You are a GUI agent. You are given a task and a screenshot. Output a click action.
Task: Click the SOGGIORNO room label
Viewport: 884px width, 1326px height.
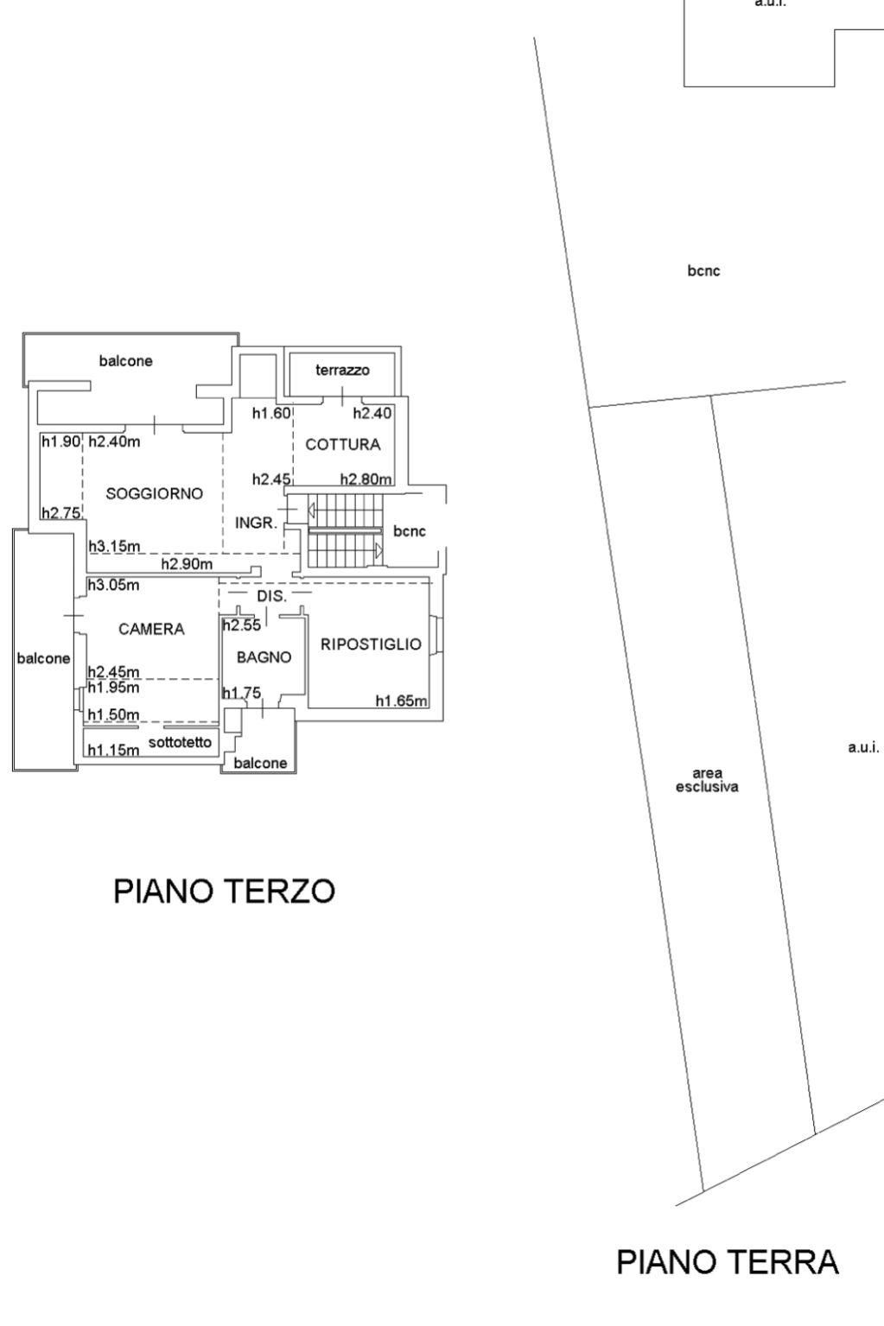(154, 494)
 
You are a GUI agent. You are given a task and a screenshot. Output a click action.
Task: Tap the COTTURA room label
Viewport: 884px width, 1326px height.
(343, 445)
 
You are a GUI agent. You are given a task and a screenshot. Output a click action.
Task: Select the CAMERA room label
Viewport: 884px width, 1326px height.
(151, 629)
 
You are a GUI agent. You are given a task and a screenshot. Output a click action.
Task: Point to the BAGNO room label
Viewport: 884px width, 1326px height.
(264, 657)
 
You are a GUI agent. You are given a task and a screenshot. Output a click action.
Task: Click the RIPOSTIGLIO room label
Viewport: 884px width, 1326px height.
(372, 644)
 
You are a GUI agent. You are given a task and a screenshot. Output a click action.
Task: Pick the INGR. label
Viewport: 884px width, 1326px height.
(257, 523)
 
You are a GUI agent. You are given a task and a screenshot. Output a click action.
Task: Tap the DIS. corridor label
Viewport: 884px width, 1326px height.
(272, 597)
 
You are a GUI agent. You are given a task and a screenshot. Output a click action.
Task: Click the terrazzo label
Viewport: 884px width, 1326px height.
(343, 371)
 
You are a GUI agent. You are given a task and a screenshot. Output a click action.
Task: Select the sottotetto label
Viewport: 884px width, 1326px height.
(180, 742)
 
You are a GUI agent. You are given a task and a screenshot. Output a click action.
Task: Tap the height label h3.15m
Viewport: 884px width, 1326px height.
(114, 547)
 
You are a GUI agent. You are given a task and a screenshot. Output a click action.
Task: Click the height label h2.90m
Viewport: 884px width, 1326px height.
(188, 564)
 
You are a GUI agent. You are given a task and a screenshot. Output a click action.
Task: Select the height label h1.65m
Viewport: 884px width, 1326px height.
(402, 701)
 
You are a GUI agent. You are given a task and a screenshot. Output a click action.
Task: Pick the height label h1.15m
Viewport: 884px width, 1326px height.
(114, 750)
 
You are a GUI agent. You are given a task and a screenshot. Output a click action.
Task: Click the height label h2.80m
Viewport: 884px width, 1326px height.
(366, 479)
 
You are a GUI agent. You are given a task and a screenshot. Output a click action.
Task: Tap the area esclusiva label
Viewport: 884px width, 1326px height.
(707, 780)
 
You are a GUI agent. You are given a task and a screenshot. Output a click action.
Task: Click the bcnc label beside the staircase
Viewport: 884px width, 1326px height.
(410, 531)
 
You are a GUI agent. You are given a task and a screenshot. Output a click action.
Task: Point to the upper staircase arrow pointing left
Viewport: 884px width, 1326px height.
(311, 509)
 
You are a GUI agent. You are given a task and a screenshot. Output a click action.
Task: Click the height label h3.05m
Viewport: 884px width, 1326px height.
(114, 586)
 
